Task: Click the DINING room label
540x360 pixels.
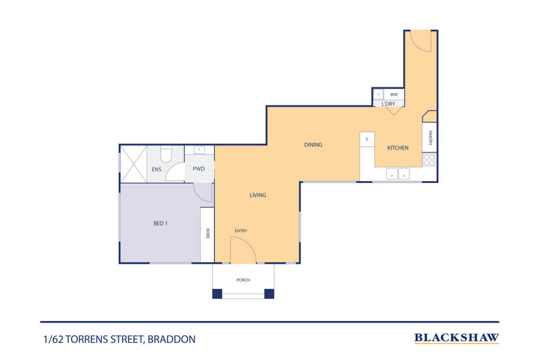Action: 313,145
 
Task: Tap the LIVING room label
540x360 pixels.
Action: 257,195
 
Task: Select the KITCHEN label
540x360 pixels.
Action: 398,148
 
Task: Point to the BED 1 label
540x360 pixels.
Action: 161,223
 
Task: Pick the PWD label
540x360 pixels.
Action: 199,169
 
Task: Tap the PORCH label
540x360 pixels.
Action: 243,279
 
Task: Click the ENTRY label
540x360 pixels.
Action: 241,231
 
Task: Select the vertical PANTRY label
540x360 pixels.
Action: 430,139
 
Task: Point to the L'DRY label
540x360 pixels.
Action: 388,103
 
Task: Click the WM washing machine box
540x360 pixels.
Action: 394,94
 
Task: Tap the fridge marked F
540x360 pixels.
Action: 367,139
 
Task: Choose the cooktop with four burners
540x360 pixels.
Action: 429,160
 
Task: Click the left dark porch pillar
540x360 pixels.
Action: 217,294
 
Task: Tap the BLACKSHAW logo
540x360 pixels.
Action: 457,337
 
